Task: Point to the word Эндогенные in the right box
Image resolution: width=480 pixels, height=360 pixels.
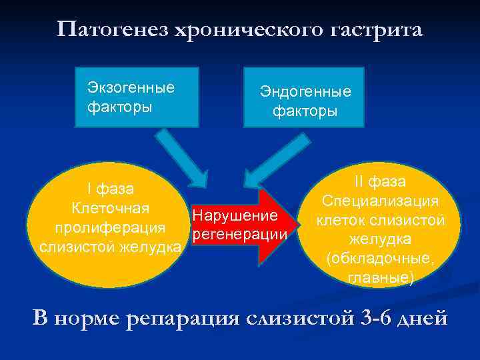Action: pos(305,92)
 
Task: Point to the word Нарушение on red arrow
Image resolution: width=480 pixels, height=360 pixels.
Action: pos(234,216)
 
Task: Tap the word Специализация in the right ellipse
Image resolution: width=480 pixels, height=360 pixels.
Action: pos(380,201)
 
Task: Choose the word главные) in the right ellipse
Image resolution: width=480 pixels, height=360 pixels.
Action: pos(381,277)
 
